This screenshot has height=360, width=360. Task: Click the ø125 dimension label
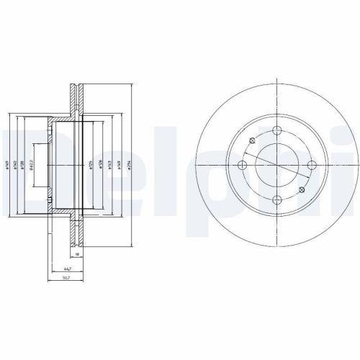90,166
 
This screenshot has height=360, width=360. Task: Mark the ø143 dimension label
109,166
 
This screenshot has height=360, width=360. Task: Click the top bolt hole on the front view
277,131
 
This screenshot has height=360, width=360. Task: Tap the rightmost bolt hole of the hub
312,166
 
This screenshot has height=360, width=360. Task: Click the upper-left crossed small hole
251,140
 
